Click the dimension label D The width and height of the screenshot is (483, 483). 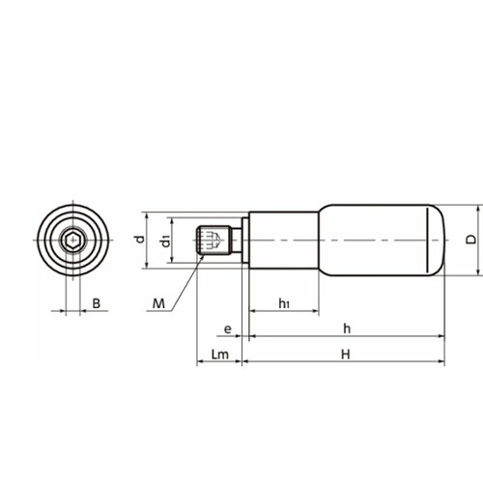[471, 240]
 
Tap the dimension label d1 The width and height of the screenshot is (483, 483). [166, 241]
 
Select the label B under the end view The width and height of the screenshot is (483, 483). [97, 303]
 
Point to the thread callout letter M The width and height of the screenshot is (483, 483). [158, 303]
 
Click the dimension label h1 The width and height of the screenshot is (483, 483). [284, 303]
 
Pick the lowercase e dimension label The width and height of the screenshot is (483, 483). [227, 329]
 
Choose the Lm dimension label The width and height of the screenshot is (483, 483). [220, 355]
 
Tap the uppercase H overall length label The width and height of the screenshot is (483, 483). [346, 355]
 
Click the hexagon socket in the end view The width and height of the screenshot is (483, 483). [72, 241]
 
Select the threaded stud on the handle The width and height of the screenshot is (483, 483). [214, 241]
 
